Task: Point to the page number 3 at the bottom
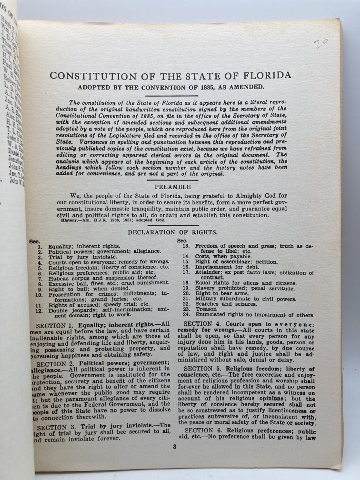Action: pyautogui.click(x=174, y=446)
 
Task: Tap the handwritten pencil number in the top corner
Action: pyautogui.click(x=320, y=44)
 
